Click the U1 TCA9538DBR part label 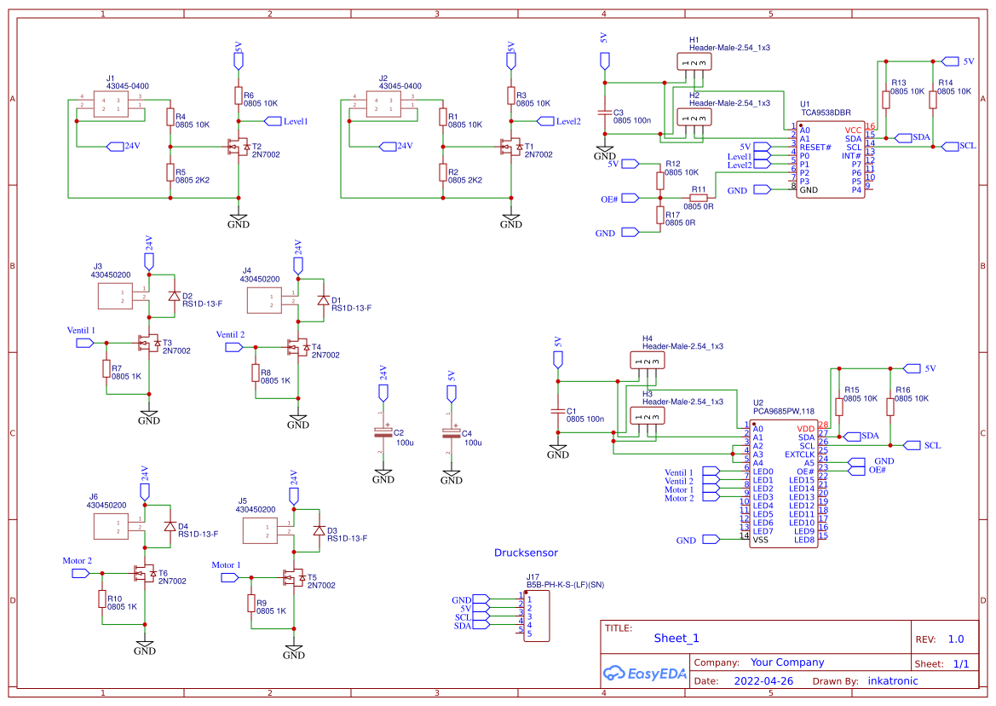tap(825, 112)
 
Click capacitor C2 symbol tap(383, 433)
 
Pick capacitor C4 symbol tap(452, 433)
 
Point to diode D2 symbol tap(174, 296)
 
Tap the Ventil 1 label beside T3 tap(81, 330)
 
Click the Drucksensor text tap(526, 553)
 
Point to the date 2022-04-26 tap(763, 681)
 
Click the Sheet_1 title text tap(676, 638)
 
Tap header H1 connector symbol tap(694, 62)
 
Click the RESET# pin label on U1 tap(815, 147)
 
